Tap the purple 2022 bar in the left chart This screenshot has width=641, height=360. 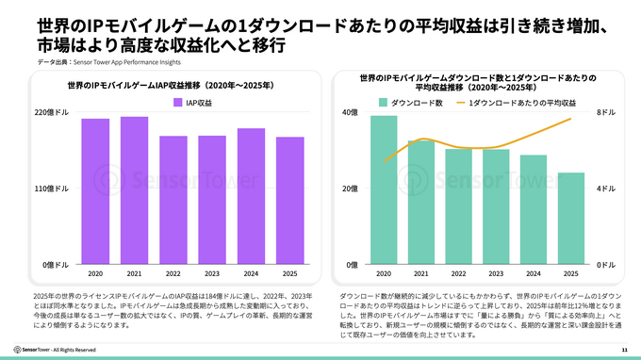(173, 201)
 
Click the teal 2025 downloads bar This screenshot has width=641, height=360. (570, 219)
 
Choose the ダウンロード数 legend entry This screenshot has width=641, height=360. (410, 102)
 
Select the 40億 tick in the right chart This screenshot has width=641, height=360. (350, 113)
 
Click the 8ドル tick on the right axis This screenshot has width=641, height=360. (607, 113)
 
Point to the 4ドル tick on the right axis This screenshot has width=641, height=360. (607, 189)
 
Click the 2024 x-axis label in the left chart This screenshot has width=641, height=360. (251, 274)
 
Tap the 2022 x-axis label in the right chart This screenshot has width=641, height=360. (458, 274)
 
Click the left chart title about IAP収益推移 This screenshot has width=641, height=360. (171, 85)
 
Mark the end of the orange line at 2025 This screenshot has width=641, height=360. (570, 119)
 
